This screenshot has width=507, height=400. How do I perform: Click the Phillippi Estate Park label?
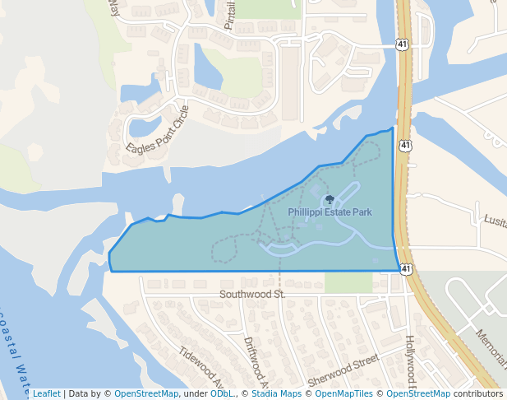[x=330, y=212]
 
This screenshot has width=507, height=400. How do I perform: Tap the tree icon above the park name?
[x=330, y=199]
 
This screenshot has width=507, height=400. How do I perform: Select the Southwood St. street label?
[x=251, y=294]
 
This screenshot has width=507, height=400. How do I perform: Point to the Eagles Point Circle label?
[x=157, y=129]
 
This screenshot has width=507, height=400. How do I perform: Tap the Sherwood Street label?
[x=343, y=371]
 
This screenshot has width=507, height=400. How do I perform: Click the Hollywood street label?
[x=411, y=363]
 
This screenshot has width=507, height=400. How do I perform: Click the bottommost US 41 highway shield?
[x=406, y=269]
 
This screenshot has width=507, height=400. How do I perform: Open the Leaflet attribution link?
[x=46, y=393]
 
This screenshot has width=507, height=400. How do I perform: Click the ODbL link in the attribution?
[x=222, y=393]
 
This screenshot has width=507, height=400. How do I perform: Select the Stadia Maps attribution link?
[x=276, y=393]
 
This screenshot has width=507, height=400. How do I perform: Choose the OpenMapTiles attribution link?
[x=345, y=393]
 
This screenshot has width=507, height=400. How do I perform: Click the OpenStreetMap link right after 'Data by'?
[x=146, y=393]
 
